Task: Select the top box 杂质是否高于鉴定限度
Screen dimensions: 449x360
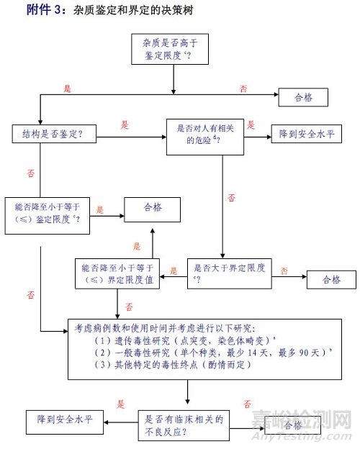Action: [x=173, y=50]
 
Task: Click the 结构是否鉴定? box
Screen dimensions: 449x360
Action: [x=54, y=134]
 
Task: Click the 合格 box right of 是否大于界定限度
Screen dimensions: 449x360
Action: [x=331, y=279]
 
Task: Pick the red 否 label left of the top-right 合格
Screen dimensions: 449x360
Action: [x=243, y=89]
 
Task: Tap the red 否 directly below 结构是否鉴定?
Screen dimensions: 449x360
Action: [x=30, y=173]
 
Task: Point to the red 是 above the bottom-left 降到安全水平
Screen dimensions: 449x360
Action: [x=121, y=404]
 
